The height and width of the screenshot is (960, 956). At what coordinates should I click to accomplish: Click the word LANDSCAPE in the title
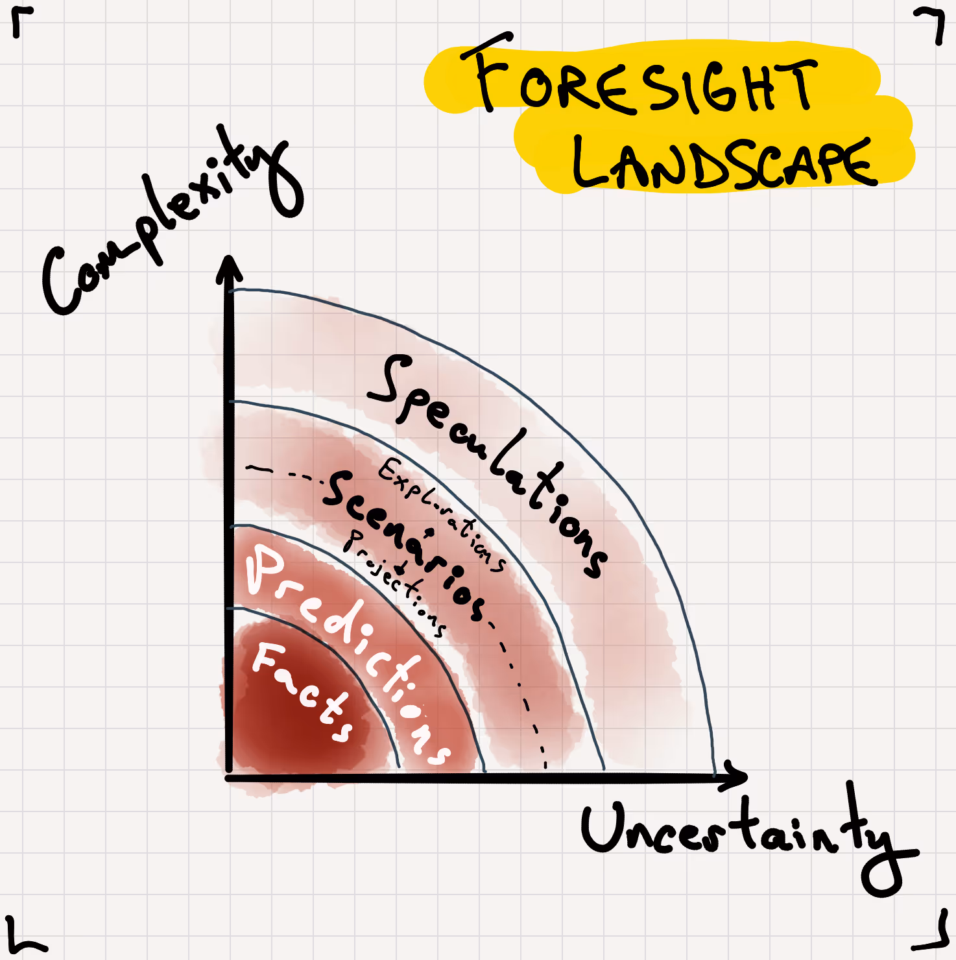coord(723,162)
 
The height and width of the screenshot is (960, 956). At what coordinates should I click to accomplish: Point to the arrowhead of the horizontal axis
coord(736,776)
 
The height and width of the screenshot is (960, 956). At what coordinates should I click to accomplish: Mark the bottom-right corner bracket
coord(934,934)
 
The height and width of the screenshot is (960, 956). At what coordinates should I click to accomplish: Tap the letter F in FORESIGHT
coord(490,71)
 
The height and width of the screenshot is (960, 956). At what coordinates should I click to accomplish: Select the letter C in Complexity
coord(65,282)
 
